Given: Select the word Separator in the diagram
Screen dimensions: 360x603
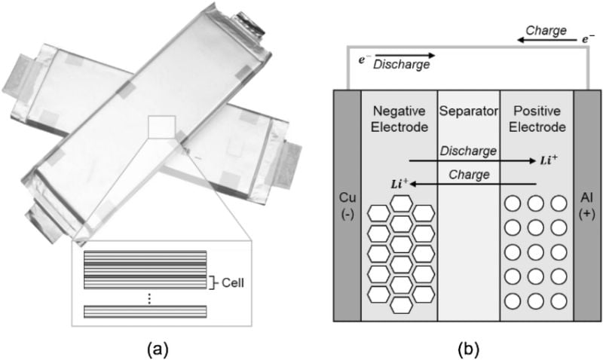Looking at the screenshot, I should (x=468, y=112).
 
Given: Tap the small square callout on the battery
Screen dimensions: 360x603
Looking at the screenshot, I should (x=162, y=127).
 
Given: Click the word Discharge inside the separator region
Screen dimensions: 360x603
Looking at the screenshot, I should (x=471, y=151).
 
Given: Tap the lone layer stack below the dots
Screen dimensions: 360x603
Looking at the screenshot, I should (x=144, y=310).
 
